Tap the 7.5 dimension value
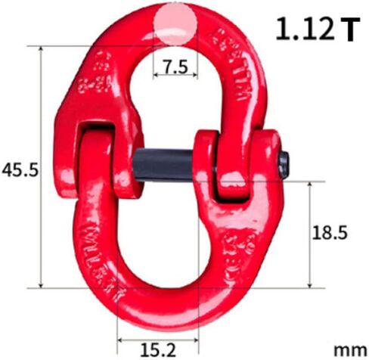(175, 66)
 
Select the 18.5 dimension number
(329, 234)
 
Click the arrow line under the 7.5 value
(175, 77)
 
